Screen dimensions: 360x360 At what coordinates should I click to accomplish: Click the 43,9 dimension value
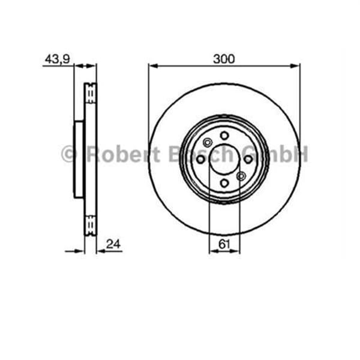point(58,59)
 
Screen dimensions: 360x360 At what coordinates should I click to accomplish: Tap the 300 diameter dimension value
point(224,59)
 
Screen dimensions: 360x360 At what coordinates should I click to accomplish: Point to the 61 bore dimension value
point(224,244)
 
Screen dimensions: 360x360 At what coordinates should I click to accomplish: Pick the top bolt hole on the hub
point(224,136)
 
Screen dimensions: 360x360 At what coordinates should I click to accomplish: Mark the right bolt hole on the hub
point(247,159)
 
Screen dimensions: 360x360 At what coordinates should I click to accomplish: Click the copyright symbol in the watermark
point(69,154)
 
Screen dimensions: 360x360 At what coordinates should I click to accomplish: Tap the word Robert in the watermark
point(123,154)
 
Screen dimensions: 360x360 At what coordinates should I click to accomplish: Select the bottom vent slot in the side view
point(91,225)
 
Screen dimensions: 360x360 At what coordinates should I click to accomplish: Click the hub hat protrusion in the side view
point(79,159)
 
